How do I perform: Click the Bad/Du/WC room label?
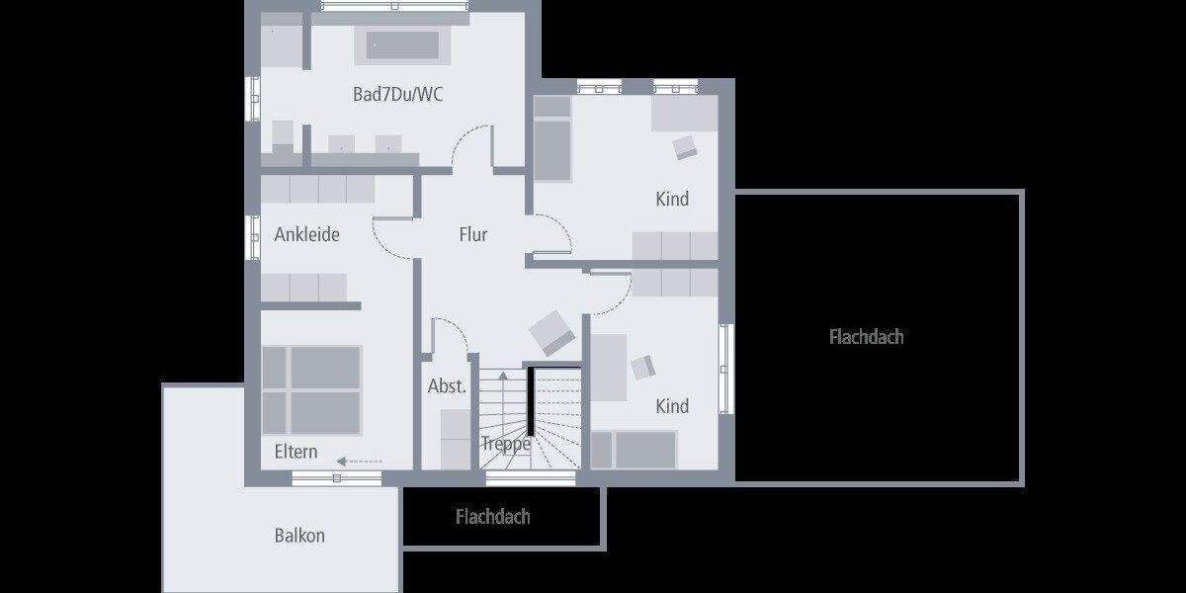(398, 95)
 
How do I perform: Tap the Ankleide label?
(306, 234)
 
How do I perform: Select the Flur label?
(473, 234)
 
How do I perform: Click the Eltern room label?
(296, 452)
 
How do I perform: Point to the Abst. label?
(447, 386)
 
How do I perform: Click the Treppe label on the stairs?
(506, 444)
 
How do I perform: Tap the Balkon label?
(299, 536)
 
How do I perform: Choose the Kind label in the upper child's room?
(672, 199)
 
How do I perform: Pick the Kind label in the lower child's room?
(672, 406)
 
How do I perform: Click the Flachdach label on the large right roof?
(866, 337)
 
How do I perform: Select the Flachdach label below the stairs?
(492, 517)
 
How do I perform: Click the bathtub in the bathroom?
(404, 46)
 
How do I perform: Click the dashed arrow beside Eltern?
(359, 461)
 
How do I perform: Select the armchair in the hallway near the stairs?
(551, 333)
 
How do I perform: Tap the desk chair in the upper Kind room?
(685, 147)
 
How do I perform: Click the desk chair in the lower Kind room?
(643, 367)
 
